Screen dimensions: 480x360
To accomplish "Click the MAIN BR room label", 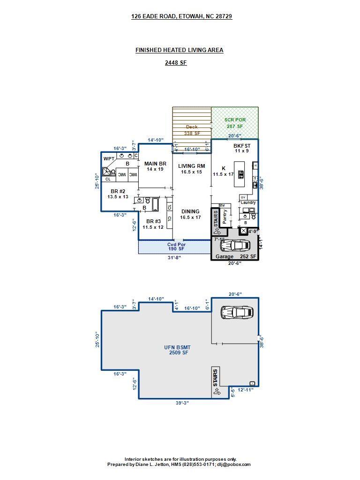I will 155,164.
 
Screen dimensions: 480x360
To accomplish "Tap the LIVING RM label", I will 191,166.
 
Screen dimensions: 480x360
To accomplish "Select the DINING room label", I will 190,211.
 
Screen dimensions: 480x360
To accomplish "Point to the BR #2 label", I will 118,191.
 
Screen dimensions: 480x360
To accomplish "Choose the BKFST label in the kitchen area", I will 242,146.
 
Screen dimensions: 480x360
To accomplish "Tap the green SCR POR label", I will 234,120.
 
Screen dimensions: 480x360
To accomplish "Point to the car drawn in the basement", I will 237,312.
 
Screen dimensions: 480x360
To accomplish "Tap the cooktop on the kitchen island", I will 241,175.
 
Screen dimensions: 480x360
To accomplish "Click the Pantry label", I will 225,217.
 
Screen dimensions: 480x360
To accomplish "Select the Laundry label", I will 248,202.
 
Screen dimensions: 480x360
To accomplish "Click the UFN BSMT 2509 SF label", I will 177,350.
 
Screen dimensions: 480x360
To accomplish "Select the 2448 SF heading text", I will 176,63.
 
